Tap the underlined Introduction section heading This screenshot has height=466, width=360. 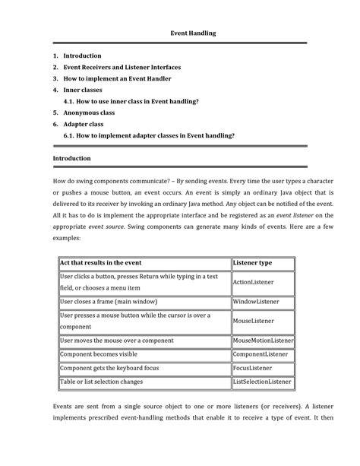pyautogui.click(x=71, y=158)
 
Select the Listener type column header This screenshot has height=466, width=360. pyautogui.click(x=253, y=262)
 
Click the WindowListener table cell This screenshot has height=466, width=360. pyautogui.click(x=256, y=301)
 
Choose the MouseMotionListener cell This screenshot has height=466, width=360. pyautogui.click(x=263, y=341)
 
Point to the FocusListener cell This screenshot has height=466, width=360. pyautogui.click(x=253, y=368)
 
